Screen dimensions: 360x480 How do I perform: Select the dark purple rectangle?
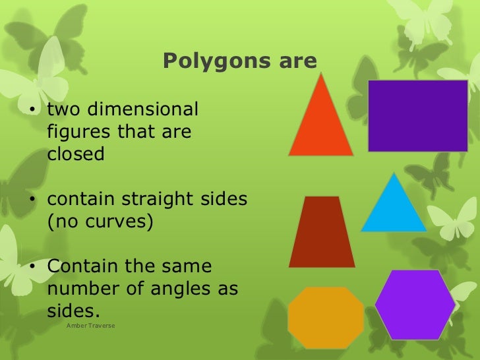pyautogui.click(x=417, y=116)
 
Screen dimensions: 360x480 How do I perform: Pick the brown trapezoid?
pyautogui.click(x=322, y=232)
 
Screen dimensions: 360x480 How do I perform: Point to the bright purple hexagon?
pyautogui.click(x=415, y=304)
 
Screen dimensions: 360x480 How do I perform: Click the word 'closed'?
pyautogui.click(x=76, y=154)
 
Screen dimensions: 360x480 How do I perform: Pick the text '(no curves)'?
pyautogui.click(x=100, y=221)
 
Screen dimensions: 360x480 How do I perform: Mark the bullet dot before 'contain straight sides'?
pyautogui.click(x=32, y=198)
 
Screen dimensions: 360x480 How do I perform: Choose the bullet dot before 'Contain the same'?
pyautogui.click(x=32, y=267)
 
